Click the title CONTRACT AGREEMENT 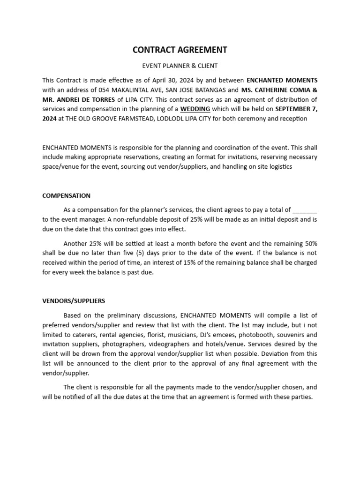click(x=180, y=50)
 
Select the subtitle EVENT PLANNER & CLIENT click(x=180, y=66)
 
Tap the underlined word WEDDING click(x=195, y=109)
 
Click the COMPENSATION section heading click(x=66, y=195)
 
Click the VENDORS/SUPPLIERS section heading click(x=74, y=300)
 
